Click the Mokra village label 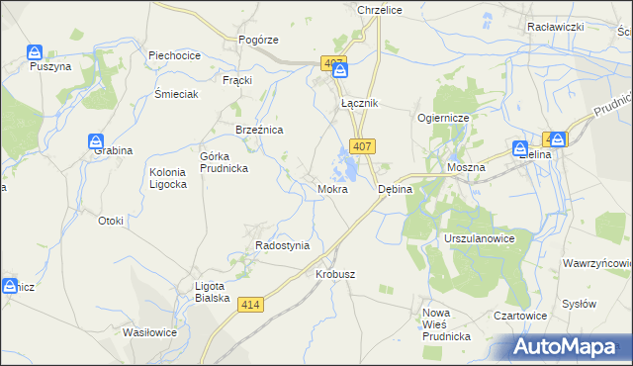[332, 188]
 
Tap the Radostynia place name [282, 245]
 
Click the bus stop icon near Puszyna [36, 51]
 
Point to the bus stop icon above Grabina [96, 140]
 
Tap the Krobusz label [335, 274]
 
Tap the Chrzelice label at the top [377, 8]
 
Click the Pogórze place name [258, 39]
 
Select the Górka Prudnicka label [224, 162]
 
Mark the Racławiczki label [585, 27]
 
